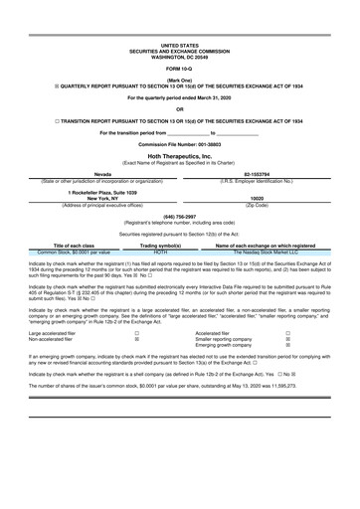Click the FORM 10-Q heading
[179, 67]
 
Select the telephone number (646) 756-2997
[179, 216]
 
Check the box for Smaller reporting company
[287, 340]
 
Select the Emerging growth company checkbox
[287, 346]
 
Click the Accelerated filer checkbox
[287, 334]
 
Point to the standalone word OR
[179, 108]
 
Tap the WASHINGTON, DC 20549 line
[179, 56]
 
